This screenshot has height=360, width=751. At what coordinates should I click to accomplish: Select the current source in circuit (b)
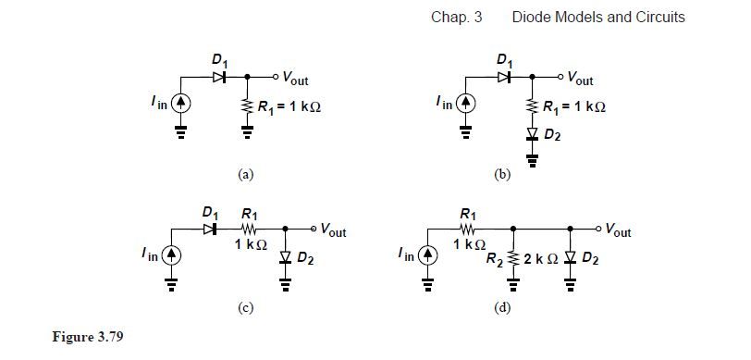coord(467,100)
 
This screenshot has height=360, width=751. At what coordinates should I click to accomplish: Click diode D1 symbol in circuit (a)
coord(219,76)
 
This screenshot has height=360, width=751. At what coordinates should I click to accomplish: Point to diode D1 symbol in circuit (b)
coord(503,76)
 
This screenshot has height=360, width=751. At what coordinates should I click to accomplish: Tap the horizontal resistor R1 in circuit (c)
coord(245,228)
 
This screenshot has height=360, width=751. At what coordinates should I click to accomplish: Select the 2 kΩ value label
coord(542,256)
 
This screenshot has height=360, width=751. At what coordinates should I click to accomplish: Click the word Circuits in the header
coord(659,18)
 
